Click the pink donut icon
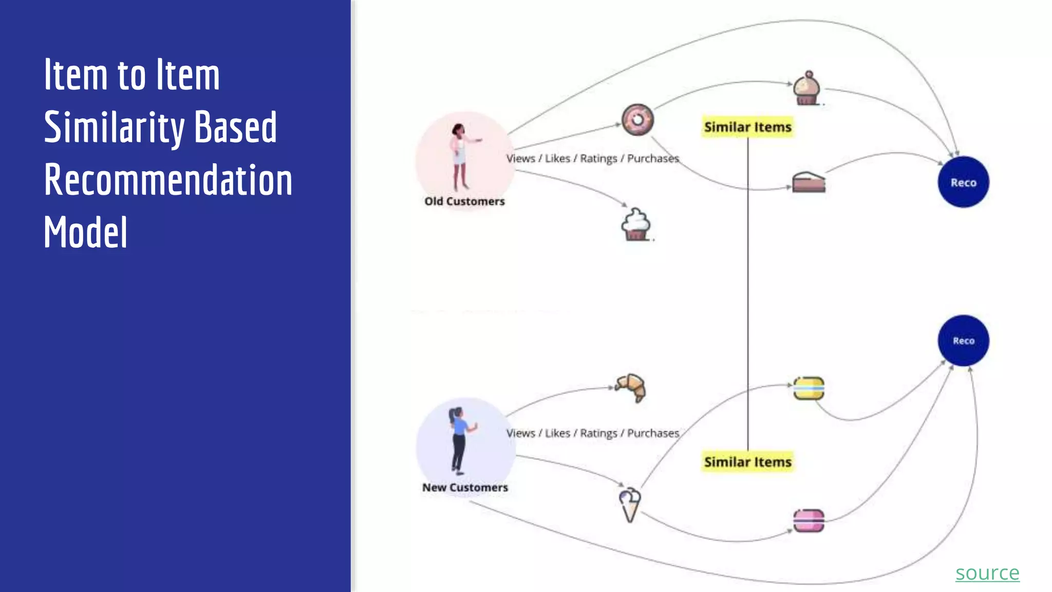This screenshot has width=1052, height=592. pyautogui.click(x=637, y=120)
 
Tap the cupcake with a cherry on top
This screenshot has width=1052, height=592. pyautogui.click(x=807, y=89)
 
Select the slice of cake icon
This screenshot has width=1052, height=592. pyautogui.click(x=808, y=182)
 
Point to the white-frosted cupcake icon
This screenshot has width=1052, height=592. pyautogui.click(x=636, y=225)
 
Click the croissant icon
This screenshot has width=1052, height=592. pyautogui.click(x=631, y=387)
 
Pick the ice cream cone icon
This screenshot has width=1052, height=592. pyautogui.click(x=629, y=504)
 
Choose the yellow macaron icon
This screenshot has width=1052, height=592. pyautogui.click(x=809, y=388)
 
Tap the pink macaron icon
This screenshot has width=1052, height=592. pyautogui.click(x=809, y=521)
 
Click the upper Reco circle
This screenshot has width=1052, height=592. pyautogui.click(x=963, y=182)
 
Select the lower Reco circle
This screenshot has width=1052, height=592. pyautogui.click(x=963, y=340)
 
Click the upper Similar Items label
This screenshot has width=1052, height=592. pyautogui.click(x=747, y=127)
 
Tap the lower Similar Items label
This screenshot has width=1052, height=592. pyautogui.click(x=747, y=462)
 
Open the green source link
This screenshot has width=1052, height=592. pyautogui.click(x=987, y=572)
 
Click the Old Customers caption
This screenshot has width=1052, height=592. pyautogui.click(x=464, y=201)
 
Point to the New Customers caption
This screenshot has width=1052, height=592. pyautogui.click(x=465, y=487)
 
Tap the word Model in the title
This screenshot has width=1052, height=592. pyautogui.click(x=85, y=233)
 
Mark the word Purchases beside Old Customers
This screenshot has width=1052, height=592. pyautogui.click(x=653, y=158)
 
